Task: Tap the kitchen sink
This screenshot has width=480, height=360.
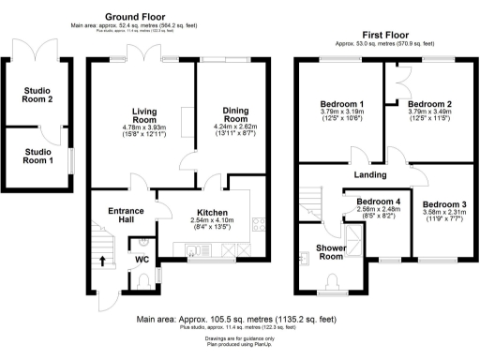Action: click(x=193, y=249)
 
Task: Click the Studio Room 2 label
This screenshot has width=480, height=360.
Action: click(x=38, y=95)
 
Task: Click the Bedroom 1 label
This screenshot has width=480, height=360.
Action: click(x=341, y=103)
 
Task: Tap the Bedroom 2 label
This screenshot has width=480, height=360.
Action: click(x=431, y=103)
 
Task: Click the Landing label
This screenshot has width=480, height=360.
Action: click(x=370, y=173)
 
